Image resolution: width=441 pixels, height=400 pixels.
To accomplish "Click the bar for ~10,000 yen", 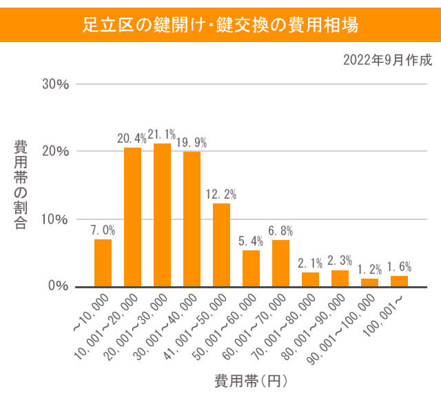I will [x=103, y=263].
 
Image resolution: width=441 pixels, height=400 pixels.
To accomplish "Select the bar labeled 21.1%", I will [x=162, y=214].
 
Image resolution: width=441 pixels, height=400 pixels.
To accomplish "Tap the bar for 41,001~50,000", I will [x=221, y=245].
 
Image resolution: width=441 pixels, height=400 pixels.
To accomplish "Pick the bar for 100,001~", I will [x=399, y=281].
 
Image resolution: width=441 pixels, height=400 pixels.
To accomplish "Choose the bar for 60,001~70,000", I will [x=280, y=263].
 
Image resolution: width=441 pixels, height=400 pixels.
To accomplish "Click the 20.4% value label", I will [x=132, y=139].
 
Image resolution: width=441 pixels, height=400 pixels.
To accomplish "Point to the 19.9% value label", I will [x=192, y=143].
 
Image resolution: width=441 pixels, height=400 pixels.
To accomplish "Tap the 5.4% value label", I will [x=251, y=241].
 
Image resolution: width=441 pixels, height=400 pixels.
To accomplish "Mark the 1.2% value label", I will [x=369, y=269].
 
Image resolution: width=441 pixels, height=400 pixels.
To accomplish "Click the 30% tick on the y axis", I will [x=56, y=85].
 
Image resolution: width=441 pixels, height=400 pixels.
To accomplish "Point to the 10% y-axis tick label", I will [x=56, y=219].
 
